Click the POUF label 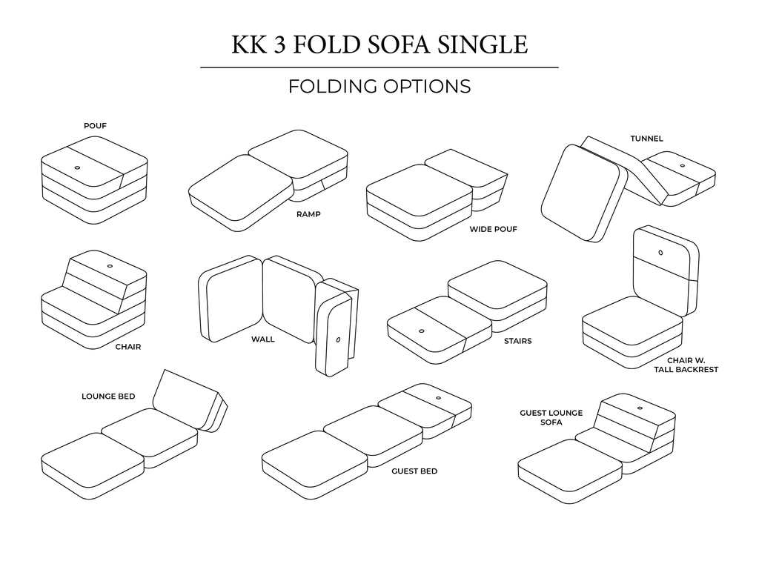(x=95, y=126)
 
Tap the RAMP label (x=308, y=215)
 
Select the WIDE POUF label (x=493, y=229)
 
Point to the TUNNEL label (x=646, y=139)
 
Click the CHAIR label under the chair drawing (x=127, y=346)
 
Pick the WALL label (x=262, y=339)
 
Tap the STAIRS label (x=517, y=342)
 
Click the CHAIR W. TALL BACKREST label (x=686, y=364)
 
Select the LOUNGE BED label (x=108, y=397)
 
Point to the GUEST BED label (x=414, y=471)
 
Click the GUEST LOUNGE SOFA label (x=551, y=417)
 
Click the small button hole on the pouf (x=78, y=167)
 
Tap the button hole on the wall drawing (x=338, y=341)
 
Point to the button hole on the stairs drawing (x=421, y=331)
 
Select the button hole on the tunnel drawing (x=680, y=164)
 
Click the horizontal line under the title (x=379, y=67)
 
